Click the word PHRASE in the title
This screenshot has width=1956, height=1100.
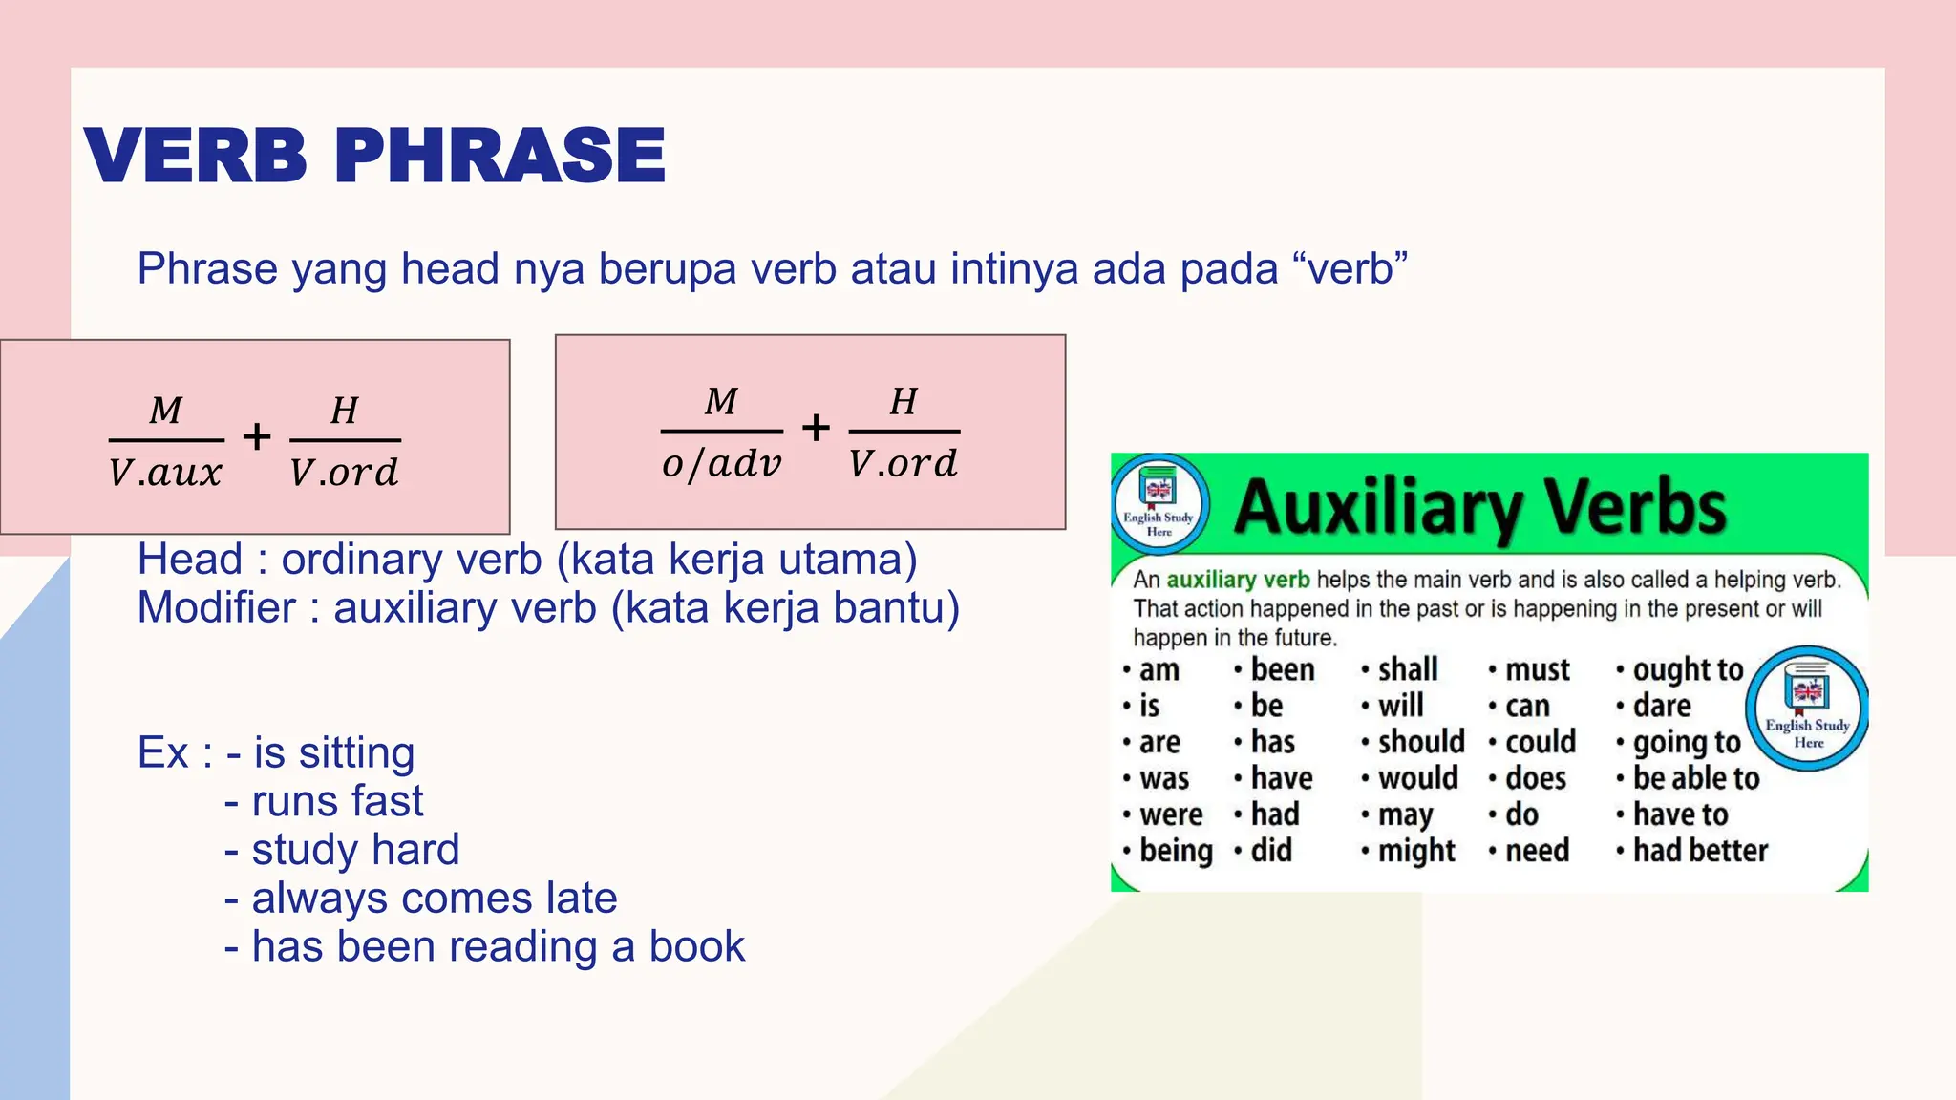point(500,156)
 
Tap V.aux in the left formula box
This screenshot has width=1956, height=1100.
point(165,473)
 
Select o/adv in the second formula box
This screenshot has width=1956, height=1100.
point(721,464)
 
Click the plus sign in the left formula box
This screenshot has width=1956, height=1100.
point(256,437)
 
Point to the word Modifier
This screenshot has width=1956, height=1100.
point(217,608)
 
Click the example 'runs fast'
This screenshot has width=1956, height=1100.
point(336,801)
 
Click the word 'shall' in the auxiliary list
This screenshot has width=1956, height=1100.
point(1407,669)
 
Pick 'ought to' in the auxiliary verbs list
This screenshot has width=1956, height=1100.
point(1687,669)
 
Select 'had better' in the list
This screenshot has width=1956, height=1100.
point(1699,851)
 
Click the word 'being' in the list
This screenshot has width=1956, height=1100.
point(1175,851)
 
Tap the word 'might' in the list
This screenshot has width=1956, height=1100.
point(1415,851)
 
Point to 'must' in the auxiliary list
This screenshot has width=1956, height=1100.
point(1537,669)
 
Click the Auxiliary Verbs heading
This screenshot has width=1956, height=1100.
point(1479,507)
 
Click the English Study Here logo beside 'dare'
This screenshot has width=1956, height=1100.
point(1806,709)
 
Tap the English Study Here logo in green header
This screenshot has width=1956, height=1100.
point(1159,503)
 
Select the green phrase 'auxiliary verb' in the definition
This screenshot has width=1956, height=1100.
point(1238,580)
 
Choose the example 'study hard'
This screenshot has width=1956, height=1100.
point(354,850)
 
